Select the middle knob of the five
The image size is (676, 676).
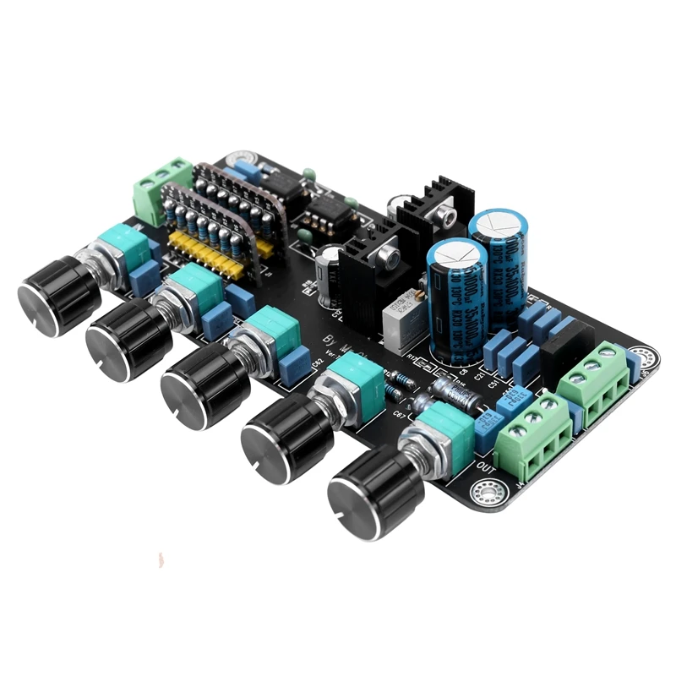[204, 384]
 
